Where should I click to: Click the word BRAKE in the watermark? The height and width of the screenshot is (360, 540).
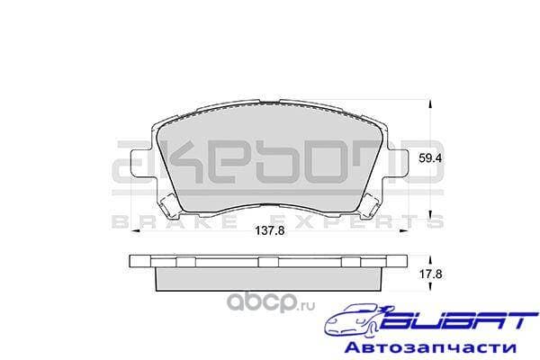tap(143, 220)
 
